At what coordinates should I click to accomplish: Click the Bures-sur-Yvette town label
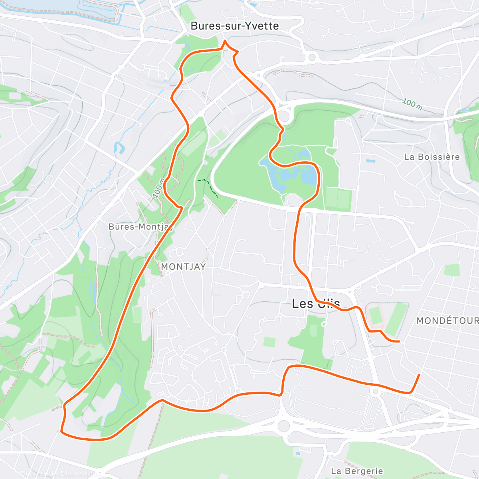click(x=235, y=26)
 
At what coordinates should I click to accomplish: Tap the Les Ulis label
click(x=316, y=304)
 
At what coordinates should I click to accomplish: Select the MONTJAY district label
click(x=183, y=267)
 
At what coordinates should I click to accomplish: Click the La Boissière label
click(x=432, y=157)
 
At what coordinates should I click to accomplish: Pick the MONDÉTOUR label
click(x=447, y=321)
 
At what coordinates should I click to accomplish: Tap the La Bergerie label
click(x=357, y=471)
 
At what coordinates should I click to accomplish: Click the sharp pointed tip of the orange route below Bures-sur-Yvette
click(x=225, y=41)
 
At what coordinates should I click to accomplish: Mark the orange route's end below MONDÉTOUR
click(x=419, y=374)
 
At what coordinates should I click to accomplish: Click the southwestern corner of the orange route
click(x=61, y=431)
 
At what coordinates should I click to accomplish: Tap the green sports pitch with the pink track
click(x=375, y=315)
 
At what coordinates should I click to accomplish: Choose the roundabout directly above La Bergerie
click(x=284, y=426)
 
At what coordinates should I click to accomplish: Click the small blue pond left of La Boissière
click(x=370, y=162)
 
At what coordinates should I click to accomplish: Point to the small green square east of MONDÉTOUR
click(x=452, y=270)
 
